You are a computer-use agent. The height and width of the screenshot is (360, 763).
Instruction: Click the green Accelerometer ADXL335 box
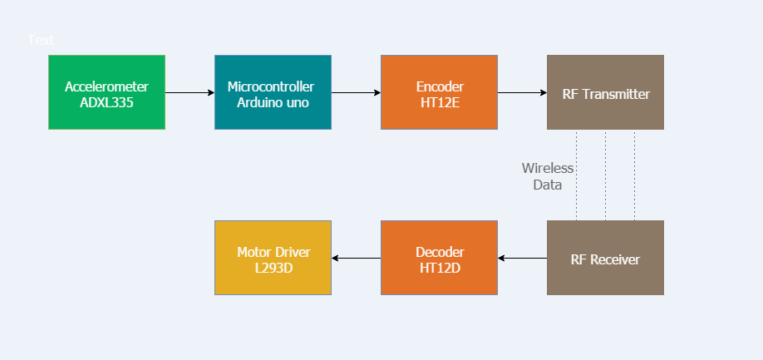(106, 92)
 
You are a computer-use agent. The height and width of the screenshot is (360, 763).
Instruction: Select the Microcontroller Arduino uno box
(273, 92)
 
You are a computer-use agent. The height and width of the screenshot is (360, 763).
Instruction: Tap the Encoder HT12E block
(439, 92)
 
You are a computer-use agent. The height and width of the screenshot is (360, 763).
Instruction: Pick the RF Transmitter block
(605, 92)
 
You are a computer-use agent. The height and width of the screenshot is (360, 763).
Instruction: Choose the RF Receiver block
(605, 258)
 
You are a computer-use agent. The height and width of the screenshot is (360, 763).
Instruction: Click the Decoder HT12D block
(439, 258)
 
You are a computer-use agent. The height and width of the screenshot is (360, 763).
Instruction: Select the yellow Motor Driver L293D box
(273, 258)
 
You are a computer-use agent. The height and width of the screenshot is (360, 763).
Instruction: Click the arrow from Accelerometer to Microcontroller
(190, 92)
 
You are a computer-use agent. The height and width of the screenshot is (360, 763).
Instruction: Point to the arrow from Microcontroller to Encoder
(356, 92)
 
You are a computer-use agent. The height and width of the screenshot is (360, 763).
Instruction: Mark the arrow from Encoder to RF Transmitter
(522, 92)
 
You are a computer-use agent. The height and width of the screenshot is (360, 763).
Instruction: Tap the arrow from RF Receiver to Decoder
(522, 258)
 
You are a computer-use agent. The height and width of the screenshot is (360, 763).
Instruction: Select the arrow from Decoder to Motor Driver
(356, 258)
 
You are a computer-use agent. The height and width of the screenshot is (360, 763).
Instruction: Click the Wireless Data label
(547, 176)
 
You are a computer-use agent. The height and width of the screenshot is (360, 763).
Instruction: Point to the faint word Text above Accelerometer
(41, 40)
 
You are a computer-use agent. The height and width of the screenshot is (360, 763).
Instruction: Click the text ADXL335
(106, 103)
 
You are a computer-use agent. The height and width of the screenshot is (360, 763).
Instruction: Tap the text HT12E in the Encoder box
(440, 103)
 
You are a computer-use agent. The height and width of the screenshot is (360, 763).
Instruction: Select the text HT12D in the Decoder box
(440, 269)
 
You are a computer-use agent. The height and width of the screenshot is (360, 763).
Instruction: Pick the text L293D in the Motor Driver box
(273, 269)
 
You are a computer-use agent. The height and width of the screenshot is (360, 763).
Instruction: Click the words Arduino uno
(273, 103)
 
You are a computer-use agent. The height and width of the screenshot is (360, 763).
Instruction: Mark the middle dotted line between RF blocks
(605, 175)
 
